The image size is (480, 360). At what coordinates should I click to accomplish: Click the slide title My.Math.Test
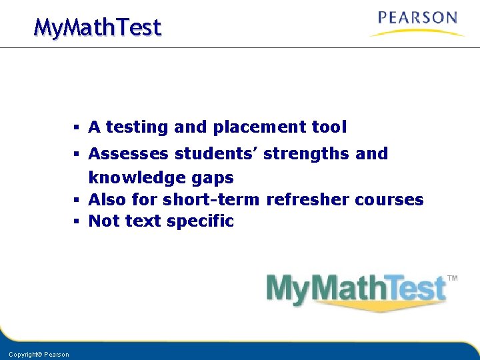pos(97,27)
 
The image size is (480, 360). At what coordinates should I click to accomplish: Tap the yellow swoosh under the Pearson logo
pos(417,32)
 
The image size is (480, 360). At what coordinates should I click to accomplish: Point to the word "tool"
pos(329,127)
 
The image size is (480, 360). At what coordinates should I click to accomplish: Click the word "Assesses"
pos(129,154)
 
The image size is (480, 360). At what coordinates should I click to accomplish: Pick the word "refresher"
pos(308,199)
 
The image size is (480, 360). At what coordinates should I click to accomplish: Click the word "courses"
pos(389,199)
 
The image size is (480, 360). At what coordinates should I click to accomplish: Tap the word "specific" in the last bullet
pos(199,221)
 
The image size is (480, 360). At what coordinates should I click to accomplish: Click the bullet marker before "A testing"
pos(77,127)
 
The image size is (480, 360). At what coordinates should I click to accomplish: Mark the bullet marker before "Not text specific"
pos(77,221)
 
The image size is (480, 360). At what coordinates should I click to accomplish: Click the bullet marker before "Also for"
pos(77,199)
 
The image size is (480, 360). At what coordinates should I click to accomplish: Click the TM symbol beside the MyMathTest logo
pos(452,278)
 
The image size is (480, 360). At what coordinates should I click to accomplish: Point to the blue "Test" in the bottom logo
pos(413,289)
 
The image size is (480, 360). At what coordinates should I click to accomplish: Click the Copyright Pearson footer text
pos(39,354)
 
